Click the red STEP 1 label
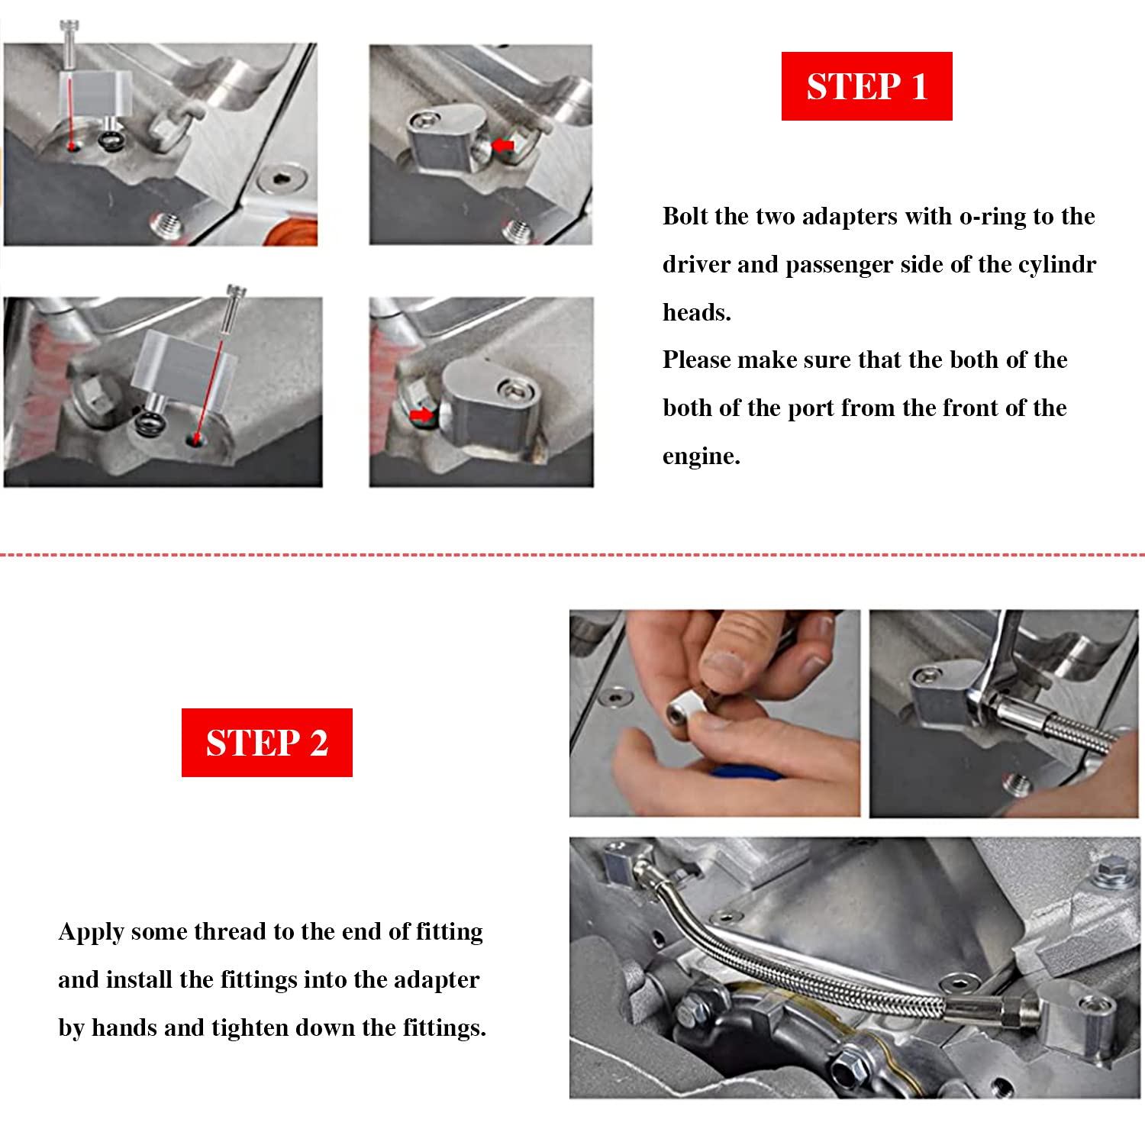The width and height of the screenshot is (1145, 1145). (x=866, y=86)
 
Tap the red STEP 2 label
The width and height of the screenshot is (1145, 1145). (x=267, y=743)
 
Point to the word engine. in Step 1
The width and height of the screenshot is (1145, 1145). (x=701, y=456)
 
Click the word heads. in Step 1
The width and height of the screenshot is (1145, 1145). (x=696, y=312)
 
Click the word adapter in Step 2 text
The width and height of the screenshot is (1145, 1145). (x=437, y=980)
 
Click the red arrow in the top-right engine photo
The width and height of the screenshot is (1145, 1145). (x=503, y=145)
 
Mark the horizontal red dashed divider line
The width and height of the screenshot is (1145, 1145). (x=572, y=555)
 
